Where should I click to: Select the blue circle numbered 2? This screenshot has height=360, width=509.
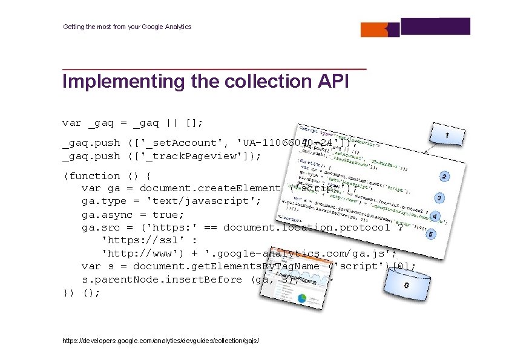pyautogui.click(x=444, y=177)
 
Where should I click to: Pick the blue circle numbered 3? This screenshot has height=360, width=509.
pyautogui.click(x=440, y=198)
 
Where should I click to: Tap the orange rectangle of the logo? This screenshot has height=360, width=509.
pyautogui.click(x=381, y=29)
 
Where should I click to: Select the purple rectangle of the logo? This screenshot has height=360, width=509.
pyautogui.click(x=435, y=27)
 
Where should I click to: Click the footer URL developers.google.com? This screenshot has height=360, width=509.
pyautogui.click(x=161, y=341)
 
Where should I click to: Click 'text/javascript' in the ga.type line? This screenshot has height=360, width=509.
pyautogui.click(x=204, y=201)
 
